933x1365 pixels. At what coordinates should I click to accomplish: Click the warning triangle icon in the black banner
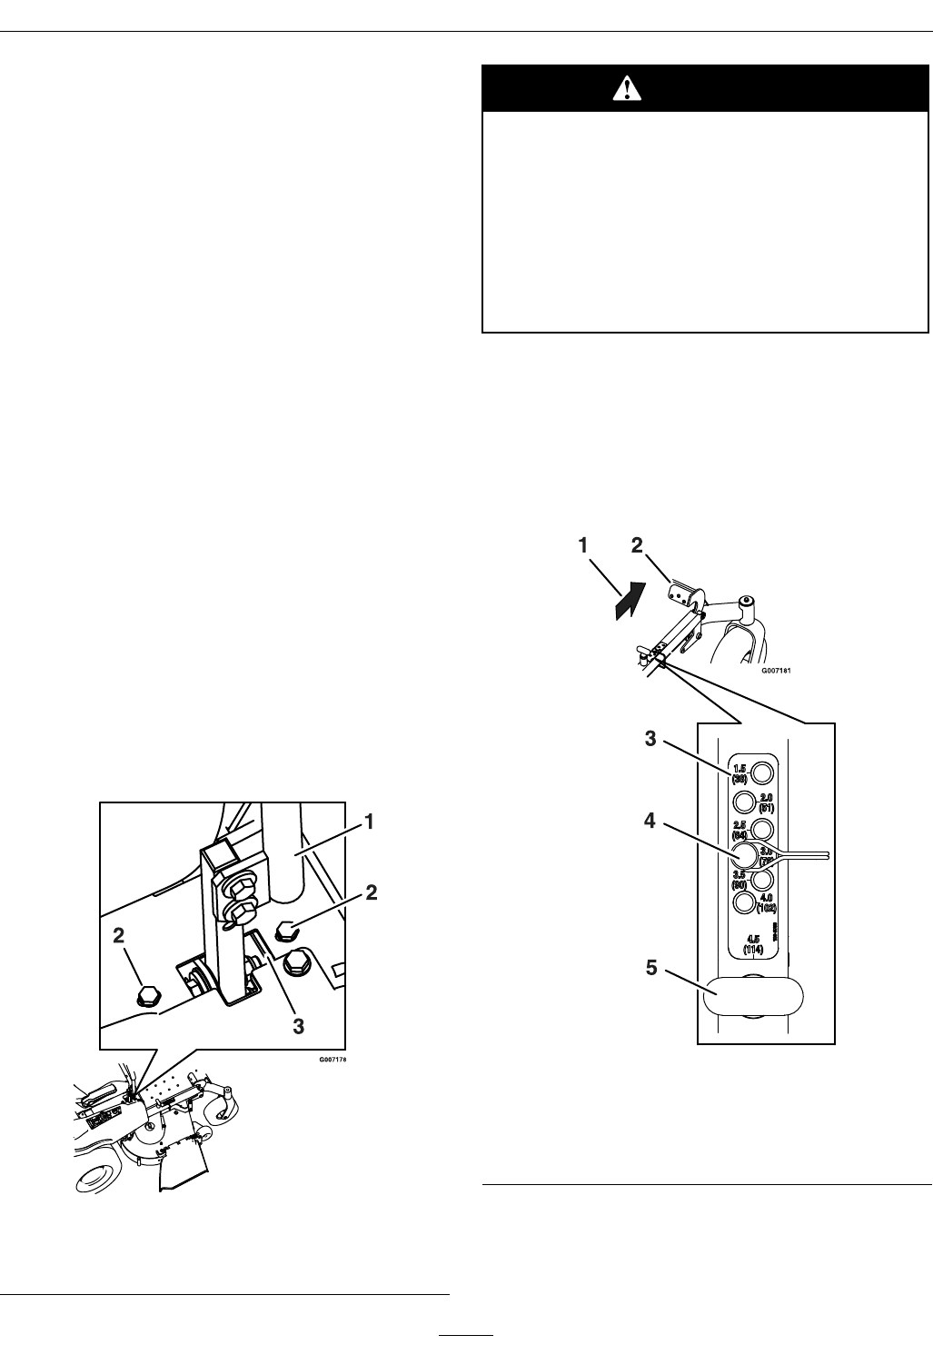pyautogui.click(x=627, y=87)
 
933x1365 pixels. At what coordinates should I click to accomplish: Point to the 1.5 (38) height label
pyautogui.click(x=739, y=773)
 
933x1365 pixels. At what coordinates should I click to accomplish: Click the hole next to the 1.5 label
pyautogui.click(x=763, y=772)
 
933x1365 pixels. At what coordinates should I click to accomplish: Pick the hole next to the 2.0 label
pyautogui.click(x=744, y=802)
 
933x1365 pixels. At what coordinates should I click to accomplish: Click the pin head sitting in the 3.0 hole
pyautogui.click(x=745, y=853)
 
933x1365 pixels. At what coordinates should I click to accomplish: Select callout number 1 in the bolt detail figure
pyautogui.click(x=370, y=821)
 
